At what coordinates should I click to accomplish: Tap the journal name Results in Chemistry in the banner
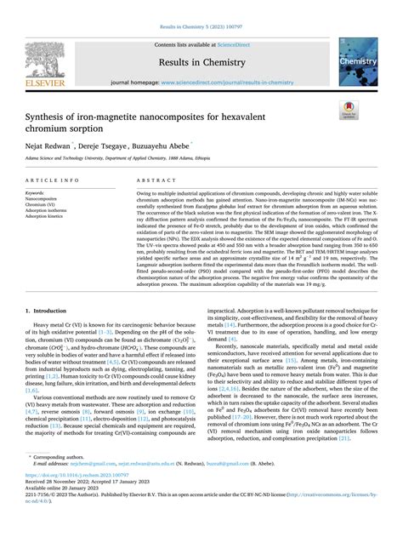tap(201, 64)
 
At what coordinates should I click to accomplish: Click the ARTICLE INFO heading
tap(55, 181)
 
